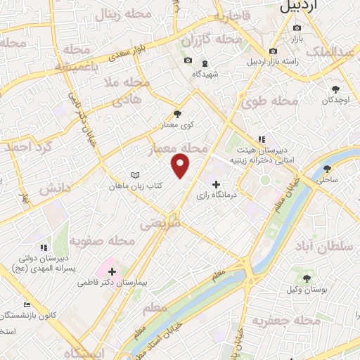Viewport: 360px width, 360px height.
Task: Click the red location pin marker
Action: point(181,165)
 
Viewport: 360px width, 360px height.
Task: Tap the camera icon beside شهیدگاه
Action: point(188,60)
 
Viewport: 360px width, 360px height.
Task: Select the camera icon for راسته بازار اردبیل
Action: point(273,51)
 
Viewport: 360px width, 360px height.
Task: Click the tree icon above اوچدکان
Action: point(335,89)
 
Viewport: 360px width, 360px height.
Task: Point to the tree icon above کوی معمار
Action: point(176,114)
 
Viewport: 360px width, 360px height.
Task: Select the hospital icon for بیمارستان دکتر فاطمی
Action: point(112,271)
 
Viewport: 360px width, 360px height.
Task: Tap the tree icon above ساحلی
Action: point(327,169)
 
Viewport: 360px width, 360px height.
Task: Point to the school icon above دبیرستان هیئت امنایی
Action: point(262,139)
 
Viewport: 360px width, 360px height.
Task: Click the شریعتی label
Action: point(161,224)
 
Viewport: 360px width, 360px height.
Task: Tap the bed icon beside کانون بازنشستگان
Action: point(27,305)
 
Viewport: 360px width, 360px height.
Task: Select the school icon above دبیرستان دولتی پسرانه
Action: point(44,247)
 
